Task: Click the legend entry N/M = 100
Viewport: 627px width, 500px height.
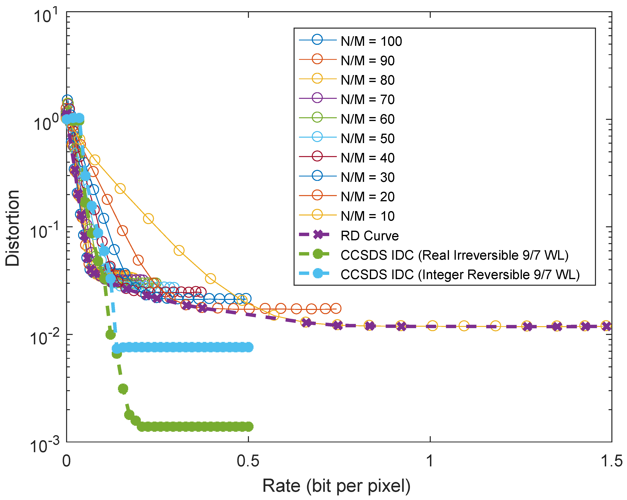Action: [371, 41]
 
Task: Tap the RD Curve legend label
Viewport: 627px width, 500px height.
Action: [369, 236]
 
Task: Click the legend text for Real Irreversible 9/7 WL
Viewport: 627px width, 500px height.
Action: [454, 255]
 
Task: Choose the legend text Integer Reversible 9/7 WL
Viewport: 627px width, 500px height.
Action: [460, 275]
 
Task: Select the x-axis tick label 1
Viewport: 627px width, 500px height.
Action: [430, 461]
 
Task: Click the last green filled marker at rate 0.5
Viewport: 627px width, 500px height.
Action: [249, 427]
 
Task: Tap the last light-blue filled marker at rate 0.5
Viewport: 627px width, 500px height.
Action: [249, 347]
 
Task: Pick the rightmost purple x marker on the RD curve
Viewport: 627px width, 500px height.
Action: [607, 326]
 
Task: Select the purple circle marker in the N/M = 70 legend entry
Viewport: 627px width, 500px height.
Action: [317, 98]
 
